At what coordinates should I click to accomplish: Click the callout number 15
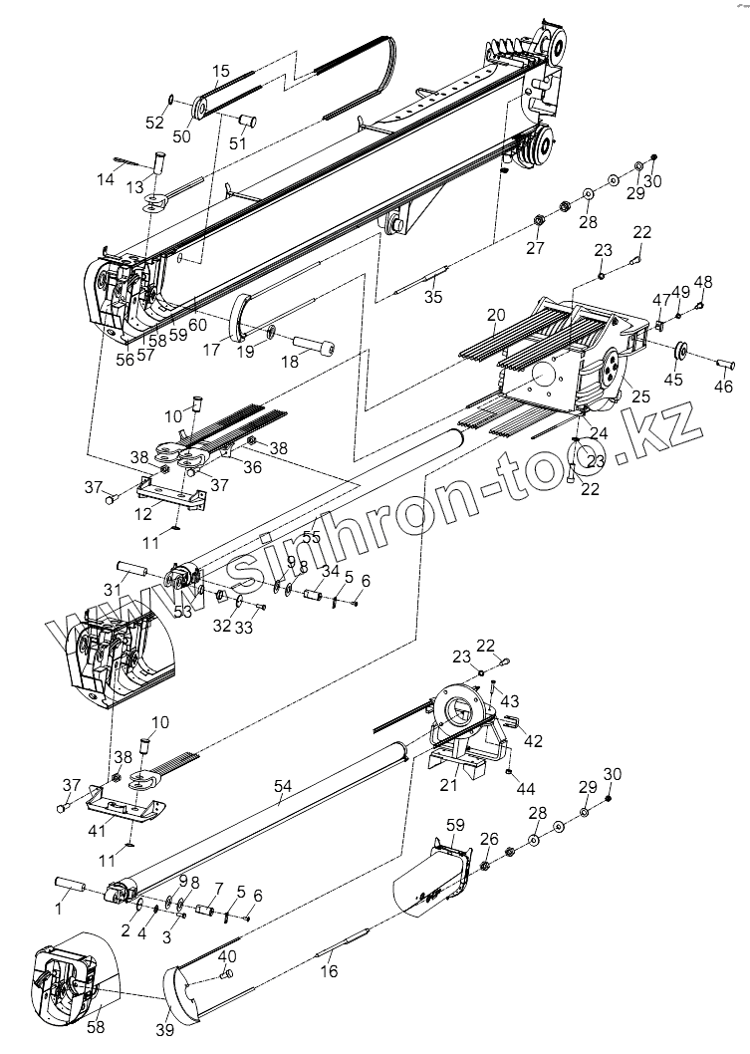coord(221,71)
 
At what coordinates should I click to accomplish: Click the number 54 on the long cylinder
coord(282,788)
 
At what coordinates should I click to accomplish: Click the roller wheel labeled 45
coord(682,352)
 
